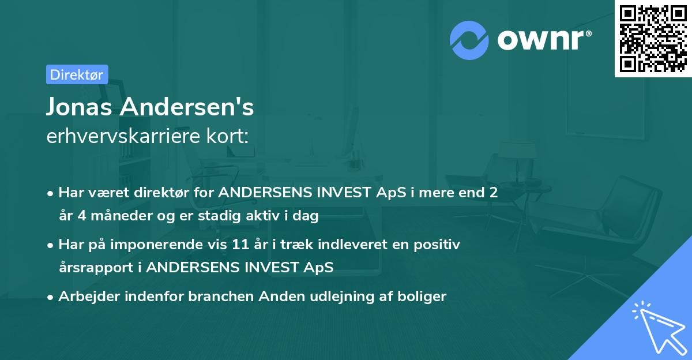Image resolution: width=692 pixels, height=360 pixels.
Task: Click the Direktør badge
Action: point(77,74)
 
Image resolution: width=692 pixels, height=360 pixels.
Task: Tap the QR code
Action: point(653,39)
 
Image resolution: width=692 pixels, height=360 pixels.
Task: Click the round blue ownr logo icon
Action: point(469,40)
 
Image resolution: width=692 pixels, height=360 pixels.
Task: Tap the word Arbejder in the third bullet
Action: point(84,297)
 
